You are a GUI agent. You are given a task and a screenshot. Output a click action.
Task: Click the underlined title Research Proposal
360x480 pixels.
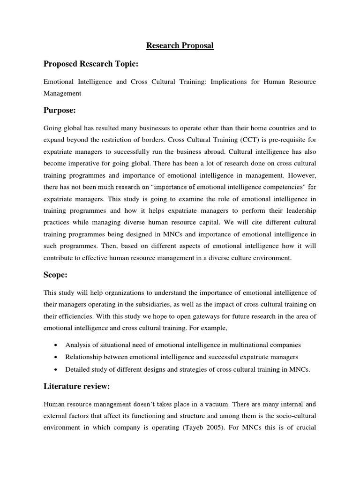point(180,45)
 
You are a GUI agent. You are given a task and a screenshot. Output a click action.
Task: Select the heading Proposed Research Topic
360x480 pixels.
point(91,64)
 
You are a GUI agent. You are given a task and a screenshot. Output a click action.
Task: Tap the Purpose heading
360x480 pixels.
point(60,110)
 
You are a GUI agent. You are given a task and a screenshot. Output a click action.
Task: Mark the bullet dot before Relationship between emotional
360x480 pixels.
point(56,357)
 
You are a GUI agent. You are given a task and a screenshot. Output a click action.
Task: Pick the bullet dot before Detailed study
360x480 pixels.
point(56,369)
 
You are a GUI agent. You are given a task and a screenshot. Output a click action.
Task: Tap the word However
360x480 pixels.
point(301,176)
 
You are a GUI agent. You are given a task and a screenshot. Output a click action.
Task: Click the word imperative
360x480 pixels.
point(88,164)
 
